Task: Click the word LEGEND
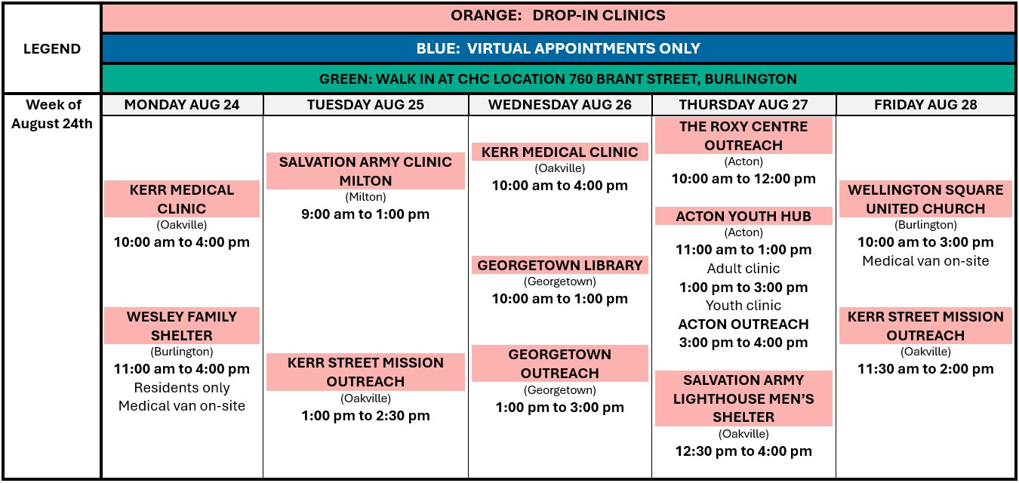coord(52,48)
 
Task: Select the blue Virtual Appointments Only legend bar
coord(558,48)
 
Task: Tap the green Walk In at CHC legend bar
coord(558,78)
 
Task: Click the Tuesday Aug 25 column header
coord(365,105)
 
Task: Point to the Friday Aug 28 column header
coord(925,105)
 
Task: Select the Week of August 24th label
coord(52,114)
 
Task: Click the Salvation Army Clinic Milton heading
coord(365,171)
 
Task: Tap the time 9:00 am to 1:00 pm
coord(365,214)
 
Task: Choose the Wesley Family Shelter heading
coord(181,325)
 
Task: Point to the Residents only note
coord(181,387)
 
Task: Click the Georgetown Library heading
coord(559,265)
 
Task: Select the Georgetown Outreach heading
coord(559,364)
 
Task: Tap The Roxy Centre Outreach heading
coord(743,136)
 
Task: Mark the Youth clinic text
coord(743,305)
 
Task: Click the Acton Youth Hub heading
coord(743,216)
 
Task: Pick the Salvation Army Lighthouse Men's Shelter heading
coord(743,398)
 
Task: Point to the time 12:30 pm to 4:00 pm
coord(743,451)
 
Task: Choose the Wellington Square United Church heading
coord(925,198)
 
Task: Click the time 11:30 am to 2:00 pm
coord(925,369)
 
